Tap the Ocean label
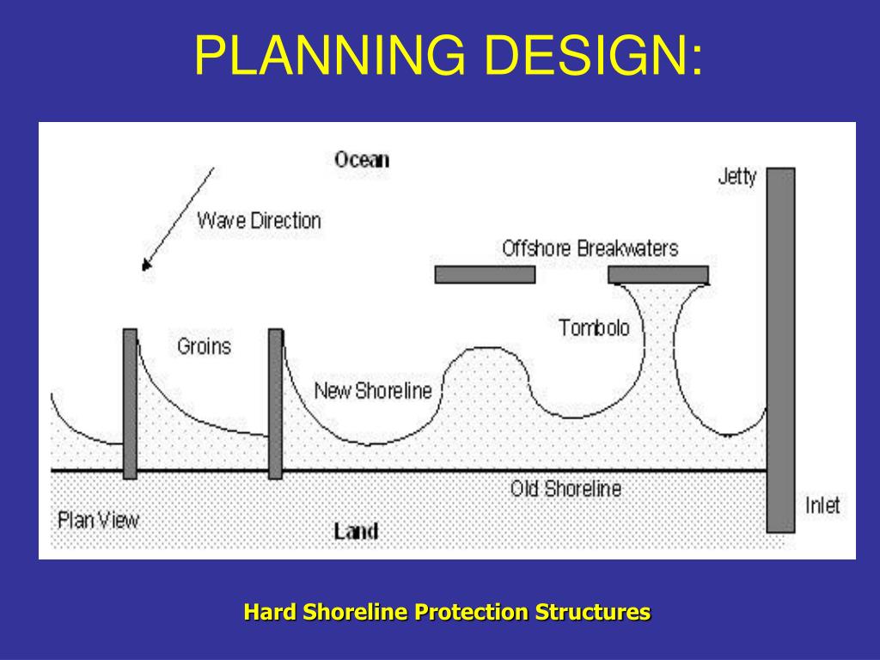coord(362,159)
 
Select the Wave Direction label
coord(259,220)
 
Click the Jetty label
coord(737,178)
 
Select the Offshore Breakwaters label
coord(590,248)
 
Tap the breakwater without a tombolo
coord(485,274)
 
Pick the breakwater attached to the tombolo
coord(658,274)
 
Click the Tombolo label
coord(594,327)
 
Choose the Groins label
coord(205,346)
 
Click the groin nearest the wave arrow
coord(130,403)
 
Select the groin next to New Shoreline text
coord(275,403)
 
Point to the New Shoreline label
coord(373,391)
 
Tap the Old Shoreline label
coord(565,489)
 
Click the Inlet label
coord(822,504)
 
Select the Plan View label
coord(98,520)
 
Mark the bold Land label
coord(356,531)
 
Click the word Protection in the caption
coord(470,613)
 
